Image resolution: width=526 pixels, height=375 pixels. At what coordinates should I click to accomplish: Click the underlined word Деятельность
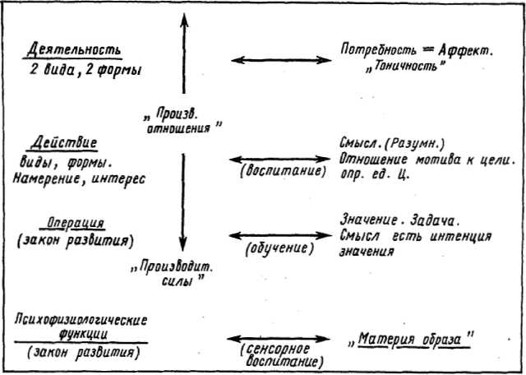[74, 50]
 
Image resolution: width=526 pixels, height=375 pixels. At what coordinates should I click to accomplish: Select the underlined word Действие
[64, 143]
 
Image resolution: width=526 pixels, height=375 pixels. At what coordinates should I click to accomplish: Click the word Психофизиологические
[81, 320]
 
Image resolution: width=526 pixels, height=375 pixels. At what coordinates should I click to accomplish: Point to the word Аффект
[464, 50]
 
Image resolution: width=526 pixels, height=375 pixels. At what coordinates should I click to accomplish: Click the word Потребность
[379, 50]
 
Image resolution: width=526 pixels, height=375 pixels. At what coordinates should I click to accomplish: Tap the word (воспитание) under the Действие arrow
[283, 171]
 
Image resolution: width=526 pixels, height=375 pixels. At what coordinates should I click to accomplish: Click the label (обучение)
[279, 249]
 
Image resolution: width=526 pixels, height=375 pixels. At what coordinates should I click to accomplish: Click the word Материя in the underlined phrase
[381, 340]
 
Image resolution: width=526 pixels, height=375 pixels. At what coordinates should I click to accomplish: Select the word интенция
[460, 236]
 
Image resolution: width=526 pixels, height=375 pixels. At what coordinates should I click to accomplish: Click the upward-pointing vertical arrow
[183, 53]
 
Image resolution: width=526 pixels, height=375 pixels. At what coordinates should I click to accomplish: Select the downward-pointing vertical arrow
[182, 202]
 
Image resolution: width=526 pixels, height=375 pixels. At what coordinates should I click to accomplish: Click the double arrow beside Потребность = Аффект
[281, 60]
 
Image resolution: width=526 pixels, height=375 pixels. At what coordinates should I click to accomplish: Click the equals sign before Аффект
[427, 50]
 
